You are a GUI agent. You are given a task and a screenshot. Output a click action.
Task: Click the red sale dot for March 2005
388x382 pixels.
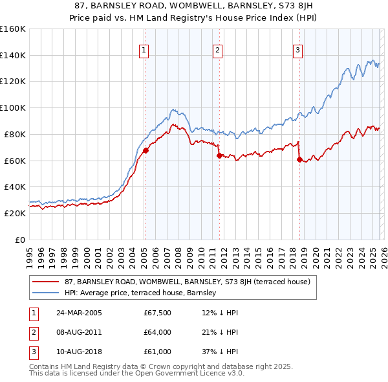(145, 150)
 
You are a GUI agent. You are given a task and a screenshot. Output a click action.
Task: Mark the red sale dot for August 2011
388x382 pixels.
(219, 155)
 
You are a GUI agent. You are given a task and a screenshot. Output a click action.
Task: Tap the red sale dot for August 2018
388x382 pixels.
(299, 159)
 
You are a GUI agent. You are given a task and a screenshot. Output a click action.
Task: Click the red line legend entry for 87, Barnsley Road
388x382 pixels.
(188, 282)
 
